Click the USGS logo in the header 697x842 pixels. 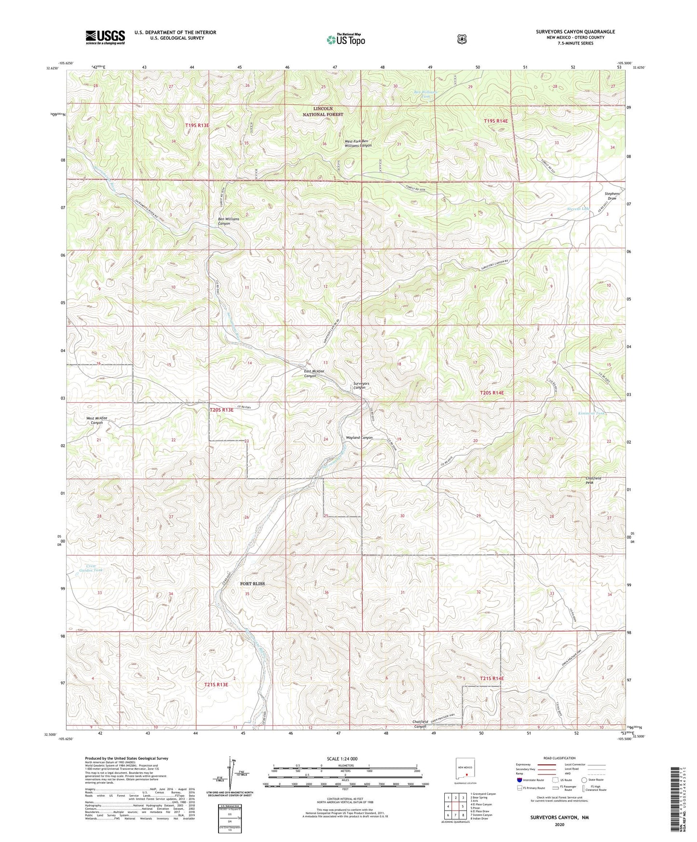coord(105,37)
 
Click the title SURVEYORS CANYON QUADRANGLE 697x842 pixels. coord(575,32)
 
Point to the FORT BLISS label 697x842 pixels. coord(252,584)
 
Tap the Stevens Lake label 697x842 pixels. coord(579,209)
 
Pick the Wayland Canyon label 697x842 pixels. coord(359,437)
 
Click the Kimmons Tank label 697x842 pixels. coord(591,413)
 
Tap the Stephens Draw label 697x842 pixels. coord(612,196)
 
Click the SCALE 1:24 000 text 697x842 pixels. coord(342,759)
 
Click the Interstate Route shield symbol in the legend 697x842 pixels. coord(519,779)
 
